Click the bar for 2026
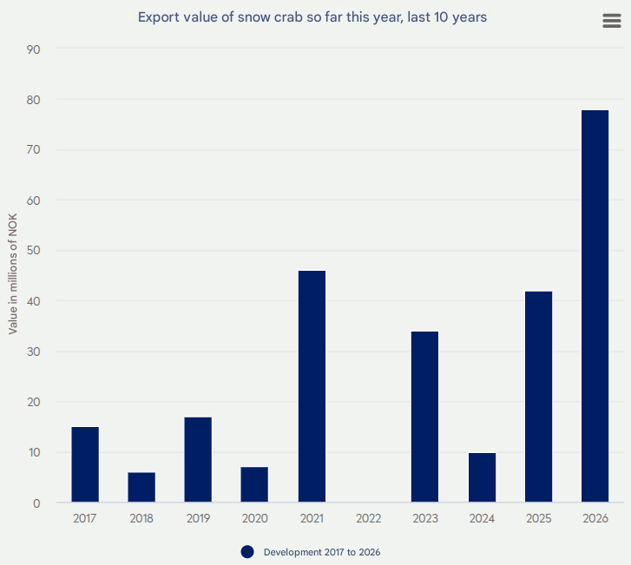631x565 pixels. [595, 306]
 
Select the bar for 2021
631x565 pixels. [312, 386]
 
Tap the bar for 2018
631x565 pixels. [141, 487]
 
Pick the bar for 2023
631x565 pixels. [424, 417]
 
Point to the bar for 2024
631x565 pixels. [482, 477]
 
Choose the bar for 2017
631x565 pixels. [85, 464]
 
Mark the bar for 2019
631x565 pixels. [198, 460]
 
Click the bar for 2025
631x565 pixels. [538, 397]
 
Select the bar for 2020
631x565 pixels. [254, 484]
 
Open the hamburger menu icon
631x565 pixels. [612, 22]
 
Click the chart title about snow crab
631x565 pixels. [312, 16]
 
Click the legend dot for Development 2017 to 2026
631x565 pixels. [247, 552]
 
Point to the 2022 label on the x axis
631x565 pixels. [368, 518]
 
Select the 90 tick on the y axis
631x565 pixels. [36, 49]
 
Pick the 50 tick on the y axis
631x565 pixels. [36, 251]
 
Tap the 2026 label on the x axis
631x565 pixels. [595, 518]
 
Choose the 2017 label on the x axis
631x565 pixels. [85, 518]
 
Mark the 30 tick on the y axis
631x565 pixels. [36, 351]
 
